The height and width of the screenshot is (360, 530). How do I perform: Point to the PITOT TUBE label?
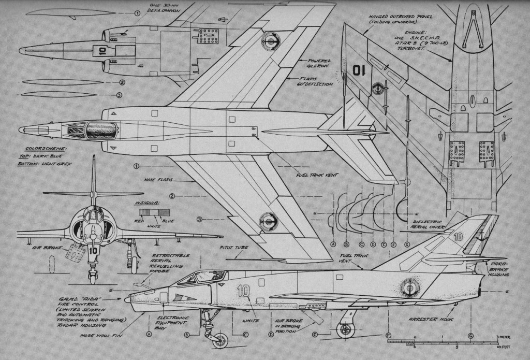[x=235, y=248]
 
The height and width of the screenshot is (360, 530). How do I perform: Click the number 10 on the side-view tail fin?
[x=458, y=237]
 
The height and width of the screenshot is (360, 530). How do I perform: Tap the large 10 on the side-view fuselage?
[x=244, y=291]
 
